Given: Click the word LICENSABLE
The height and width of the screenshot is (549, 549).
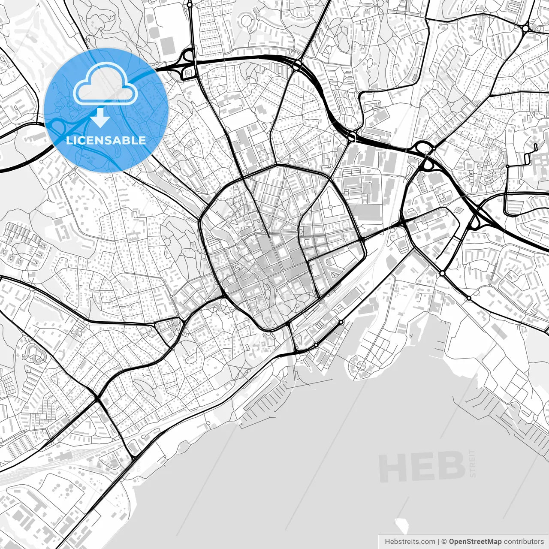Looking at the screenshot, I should pyautogui.click(x=106, y=140).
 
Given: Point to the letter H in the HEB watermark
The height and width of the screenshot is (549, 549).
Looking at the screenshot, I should pyautogui.click(x=392, y=468).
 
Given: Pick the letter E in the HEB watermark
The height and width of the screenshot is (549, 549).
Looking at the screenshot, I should pyautogui.click(x=421, y=468).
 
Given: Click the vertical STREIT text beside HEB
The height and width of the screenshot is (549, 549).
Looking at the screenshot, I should pyautogui.click(x=473, y=463).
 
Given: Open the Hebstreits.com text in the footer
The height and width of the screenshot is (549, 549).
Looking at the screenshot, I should pyautogui.click(x=410, y=542).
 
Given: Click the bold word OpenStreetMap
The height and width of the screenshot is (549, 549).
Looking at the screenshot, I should pyautogui.click(x=475, y=542).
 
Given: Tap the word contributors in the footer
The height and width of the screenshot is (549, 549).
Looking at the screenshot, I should pyautogui.click(x=524, y=542).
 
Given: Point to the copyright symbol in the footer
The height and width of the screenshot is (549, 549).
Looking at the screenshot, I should pyautogui.click(x=445, y=542).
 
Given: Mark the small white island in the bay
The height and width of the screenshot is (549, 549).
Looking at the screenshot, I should pyautogui.click(x=401, y=524).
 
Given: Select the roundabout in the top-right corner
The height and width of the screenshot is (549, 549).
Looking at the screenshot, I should pyautogui.click(x=525, y=28).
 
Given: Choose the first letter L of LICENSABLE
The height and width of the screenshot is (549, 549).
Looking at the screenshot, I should pyautogui.click(x=69, y=140).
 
